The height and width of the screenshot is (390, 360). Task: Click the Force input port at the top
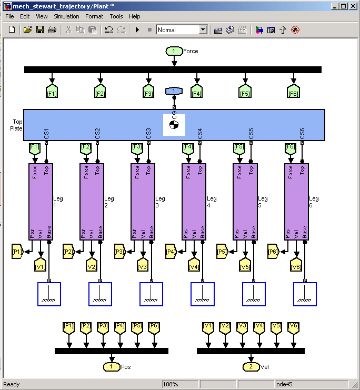[174, 51]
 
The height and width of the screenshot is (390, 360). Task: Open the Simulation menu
[66, 16]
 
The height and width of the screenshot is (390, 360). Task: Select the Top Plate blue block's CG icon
[174, 125]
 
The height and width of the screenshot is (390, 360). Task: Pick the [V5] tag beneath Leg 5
[245, 266]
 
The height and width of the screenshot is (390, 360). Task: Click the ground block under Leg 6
[305, 294]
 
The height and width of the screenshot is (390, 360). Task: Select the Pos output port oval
[111, 366]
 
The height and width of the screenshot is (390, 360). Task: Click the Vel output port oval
[251, 366]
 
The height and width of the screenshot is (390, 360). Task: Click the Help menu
[134, 16]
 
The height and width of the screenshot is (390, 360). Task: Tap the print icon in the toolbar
[52, 30]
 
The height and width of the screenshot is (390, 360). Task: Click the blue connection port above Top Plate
[174, 91]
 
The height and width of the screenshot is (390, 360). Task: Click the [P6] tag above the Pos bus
[153, 326]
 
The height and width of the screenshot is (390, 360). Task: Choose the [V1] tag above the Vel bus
[208, 326]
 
